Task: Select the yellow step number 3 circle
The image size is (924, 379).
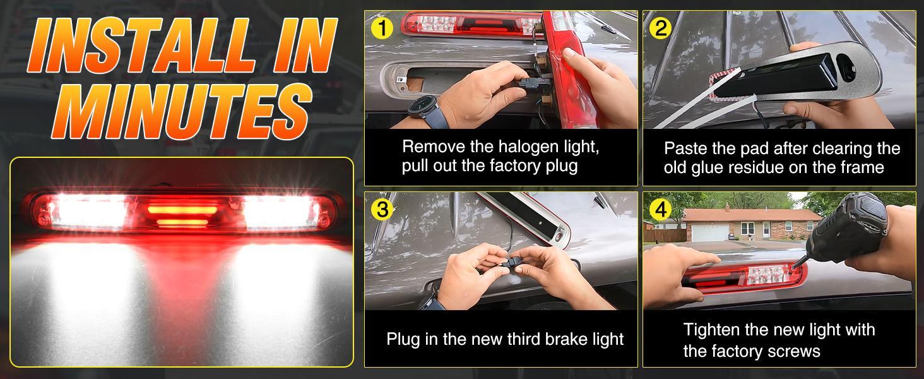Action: click(x=382, y=209)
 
